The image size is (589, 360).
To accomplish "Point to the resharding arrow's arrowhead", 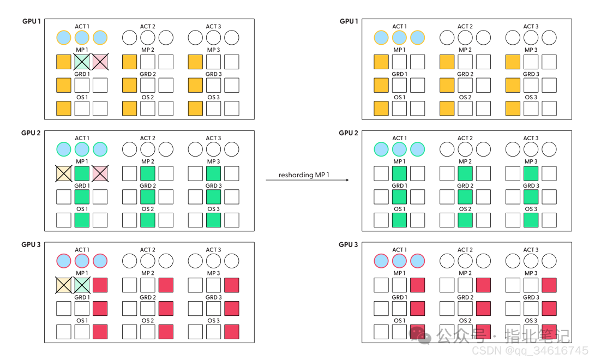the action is click(347, 180).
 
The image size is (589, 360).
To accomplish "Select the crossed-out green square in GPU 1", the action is click(82, 62).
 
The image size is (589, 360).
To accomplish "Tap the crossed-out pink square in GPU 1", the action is click(100, 62).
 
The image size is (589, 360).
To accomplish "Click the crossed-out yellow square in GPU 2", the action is click(63, 173).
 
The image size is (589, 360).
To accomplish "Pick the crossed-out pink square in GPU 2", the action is click(100, 173).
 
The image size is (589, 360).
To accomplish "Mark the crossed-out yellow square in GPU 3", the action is click(63, 285).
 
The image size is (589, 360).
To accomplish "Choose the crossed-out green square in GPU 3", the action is click(82, 285).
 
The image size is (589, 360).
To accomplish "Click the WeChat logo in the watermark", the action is click(419, 335).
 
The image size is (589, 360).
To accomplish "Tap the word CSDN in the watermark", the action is click(486, 351).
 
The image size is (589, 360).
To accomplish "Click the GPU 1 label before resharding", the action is click(32, 21).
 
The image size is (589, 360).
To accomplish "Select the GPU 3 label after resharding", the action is click(348, 244).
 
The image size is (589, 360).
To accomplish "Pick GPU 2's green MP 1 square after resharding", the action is click(399, 173).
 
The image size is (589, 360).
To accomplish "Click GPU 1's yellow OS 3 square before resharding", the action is click(195, 108).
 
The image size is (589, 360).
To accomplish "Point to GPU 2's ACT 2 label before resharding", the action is click(148, 138).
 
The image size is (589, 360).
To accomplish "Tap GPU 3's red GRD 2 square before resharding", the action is click(166, 309).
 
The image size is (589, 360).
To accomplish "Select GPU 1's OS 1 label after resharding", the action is click(399, 97).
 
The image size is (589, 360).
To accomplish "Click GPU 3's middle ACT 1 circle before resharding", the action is click(82, 261).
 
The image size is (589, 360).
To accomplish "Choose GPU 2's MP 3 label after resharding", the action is click(531, 161).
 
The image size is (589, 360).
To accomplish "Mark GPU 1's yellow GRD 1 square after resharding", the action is click(381, 85).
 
